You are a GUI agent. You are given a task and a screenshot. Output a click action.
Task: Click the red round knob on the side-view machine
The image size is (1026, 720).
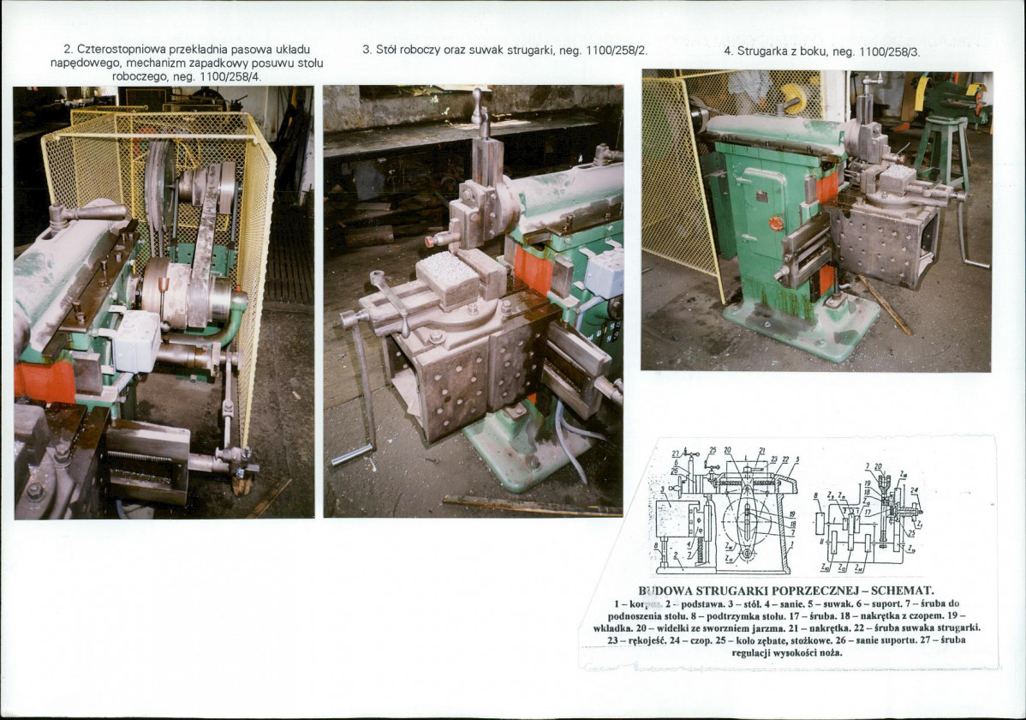coord(776,223)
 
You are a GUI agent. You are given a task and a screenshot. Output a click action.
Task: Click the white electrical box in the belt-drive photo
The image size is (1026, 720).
coord(136,339)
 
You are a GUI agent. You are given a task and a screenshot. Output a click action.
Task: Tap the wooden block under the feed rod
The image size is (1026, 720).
coord(242,484)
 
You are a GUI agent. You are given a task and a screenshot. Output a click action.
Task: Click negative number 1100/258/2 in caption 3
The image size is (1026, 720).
coord(617,51)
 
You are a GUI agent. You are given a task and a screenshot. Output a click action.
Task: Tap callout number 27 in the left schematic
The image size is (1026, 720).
coord(675,453)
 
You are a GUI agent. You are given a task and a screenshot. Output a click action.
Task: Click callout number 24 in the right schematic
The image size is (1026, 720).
coord(914,491)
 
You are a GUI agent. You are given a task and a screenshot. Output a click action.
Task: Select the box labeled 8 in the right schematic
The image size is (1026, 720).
coord(817,521)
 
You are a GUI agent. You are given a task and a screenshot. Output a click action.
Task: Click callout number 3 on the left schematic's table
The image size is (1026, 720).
coord(664,489)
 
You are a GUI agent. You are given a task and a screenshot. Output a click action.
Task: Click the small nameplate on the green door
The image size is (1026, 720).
coord(761,196)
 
